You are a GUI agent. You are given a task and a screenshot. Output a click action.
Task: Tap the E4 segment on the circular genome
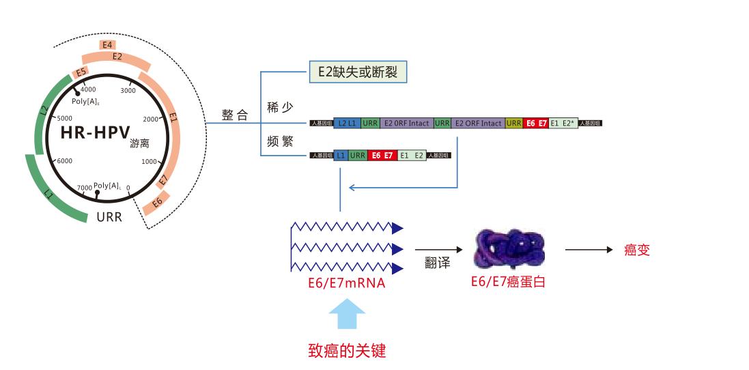(107, 45)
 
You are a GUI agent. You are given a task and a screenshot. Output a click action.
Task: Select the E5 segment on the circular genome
(81, 72)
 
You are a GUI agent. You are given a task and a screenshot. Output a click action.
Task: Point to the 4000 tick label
(89, 90)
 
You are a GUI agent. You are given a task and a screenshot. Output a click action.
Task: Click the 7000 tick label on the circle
(84, 187)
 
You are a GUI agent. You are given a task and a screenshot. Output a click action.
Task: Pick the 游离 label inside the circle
(139, 145)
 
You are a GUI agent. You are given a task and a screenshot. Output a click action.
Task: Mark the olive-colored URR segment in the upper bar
(514, 124)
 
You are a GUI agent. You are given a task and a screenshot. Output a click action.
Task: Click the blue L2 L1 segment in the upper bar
(347, 124)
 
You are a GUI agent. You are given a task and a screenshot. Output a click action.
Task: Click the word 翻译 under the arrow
(438, 264)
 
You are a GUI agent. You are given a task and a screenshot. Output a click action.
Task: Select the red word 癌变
(637, 250)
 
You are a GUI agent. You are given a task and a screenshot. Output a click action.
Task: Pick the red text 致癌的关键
(347, 352)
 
